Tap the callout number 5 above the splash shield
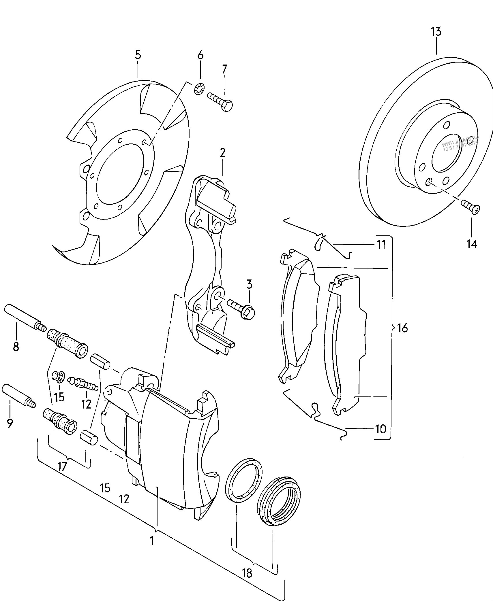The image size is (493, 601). (138, 54)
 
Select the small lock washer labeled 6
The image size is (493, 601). (199, 89)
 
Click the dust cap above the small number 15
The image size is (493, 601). (58, 376)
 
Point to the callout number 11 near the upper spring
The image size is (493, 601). (381, 245)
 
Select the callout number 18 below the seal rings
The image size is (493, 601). (247, 573)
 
